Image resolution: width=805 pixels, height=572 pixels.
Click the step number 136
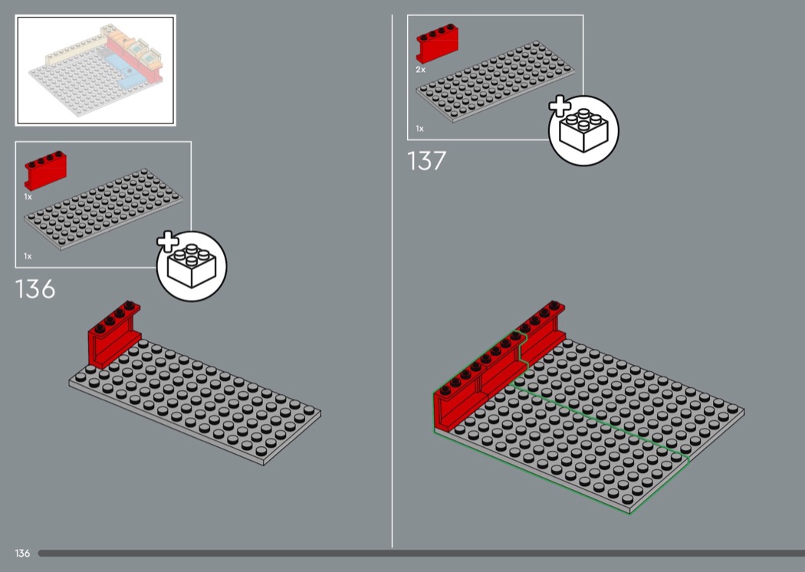pos(35,289)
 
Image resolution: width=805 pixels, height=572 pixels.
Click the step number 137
pos(426,161)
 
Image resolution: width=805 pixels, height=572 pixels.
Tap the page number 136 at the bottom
pos(22,553)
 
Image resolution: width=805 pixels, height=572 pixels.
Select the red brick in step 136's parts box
pos(45,170)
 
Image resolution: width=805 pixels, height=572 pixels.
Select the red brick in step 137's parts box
pos(437,43)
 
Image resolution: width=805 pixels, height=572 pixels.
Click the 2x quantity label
pos(420,69)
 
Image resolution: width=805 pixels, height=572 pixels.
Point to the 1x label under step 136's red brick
pos(28,196)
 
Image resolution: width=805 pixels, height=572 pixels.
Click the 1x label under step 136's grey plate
pos(28,255)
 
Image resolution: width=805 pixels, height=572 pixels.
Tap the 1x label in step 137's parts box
pos(419,128)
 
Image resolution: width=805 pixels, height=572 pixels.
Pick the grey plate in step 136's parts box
pos(103,209)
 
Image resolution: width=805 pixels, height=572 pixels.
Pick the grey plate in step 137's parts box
pos(495,81)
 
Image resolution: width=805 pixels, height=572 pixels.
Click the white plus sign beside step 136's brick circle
pos(168,242)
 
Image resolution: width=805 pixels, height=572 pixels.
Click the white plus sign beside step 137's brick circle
pos(560,107)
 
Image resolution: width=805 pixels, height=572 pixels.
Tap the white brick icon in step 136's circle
pos(192,265)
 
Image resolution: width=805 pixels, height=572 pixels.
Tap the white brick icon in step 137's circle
pos(583,130)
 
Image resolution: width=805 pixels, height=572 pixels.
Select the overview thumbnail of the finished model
pos(96,71)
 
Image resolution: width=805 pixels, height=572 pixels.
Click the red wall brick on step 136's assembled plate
pos(114,334)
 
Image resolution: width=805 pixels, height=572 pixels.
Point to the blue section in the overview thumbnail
pos(125,69)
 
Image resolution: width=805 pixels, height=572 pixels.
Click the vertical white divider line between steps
pos(393,281)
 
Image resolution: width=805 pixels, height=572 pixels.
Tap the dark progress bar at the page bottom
pos(422,553)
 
